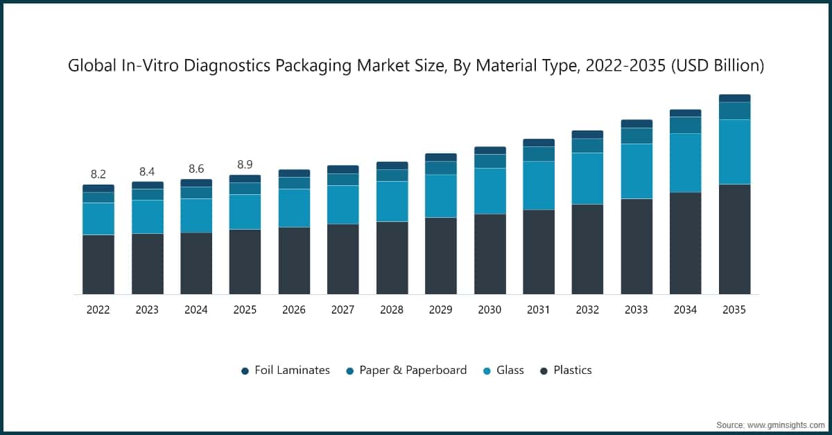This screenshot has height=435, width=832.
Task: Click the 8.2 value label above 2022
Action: tap(98, 174)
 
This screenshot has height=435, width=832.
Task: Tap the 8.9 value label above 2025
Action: tap(245, 164)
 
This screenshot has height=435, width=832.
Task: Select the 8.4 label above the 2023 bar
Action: tap(147, 171)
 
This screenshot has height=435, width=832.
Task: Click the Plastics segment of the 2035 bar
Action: tap(734, 239)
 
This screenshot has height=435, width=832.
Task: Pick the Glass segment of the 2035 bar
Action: tap(734, 151)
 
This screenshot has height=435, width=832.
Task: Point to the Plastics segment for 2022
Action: tap(98, 264)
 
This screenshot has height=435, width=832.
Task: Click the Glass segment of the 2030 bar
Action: tap(489, 191)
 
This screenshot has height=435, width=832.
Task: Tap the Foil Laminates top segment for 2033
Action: tap(636, 123)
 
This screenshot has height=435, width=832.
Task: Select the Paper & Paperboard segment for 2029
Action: tap(441, 168)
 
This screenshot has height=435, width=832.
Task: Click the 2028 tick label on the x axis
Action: tap(392, 310)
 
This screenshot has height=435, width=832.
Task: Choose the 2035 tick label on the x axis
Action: tap(734, 310)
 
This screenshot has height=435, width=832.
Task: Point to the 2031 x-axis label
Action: tap(539, 310)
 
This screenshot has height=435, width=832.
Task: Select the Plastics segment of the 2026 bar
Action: tap(294, 260)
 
